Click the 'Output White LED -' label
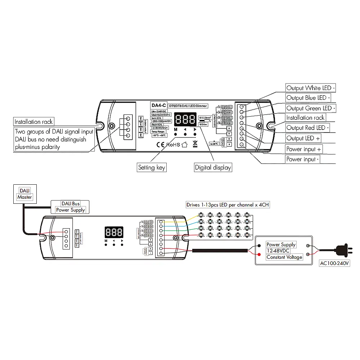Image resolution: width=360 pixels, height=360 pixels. pyautogui.click(x=311, y=88)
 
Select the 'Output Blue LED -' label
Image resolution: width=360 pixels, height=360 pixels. pyautogui.click(x=308, y=98)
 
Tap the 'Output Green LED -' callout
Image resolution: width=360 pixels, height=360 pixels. pyautogui.click(x=311, y=108)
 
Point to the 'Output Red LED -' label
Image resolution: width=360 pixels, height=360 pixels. pyautogui.click(x=308, y=127)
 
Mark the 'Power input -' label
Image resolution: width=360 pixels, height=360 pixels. pyautogui.click(x=303, y=159)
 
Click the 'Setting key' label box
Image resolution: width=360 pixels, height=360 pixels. pyautogui.click(x=152, y=167)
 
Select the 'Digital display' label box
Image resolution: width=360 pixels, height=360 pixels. pyautogui.click(x=213, y=167)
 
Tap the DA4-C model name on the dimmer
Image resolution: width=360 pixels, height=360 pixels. pyautogui.click(x=158, y=105)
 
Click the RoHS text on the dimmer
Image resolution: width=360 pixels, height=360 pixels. pyautogui.click(x=173, y=145)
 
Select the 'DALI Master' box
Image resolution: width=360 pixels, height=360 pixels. pyautogui.click(x=24, y=193)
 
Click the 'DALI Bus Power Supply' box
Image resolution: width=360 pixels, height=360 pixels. pyautogui.click(x=70, y=207)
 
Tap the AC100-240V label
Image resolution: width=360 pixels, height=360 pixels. pyautogui.click(x=335, y=263)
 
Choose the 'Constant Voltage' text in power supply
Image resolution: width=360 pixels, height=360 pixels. pyautogui.click(x=284, y=257)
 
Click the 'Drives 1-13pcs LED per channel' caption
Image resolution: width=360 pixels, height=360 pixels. pyautogui.click(x=228, y=205)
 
